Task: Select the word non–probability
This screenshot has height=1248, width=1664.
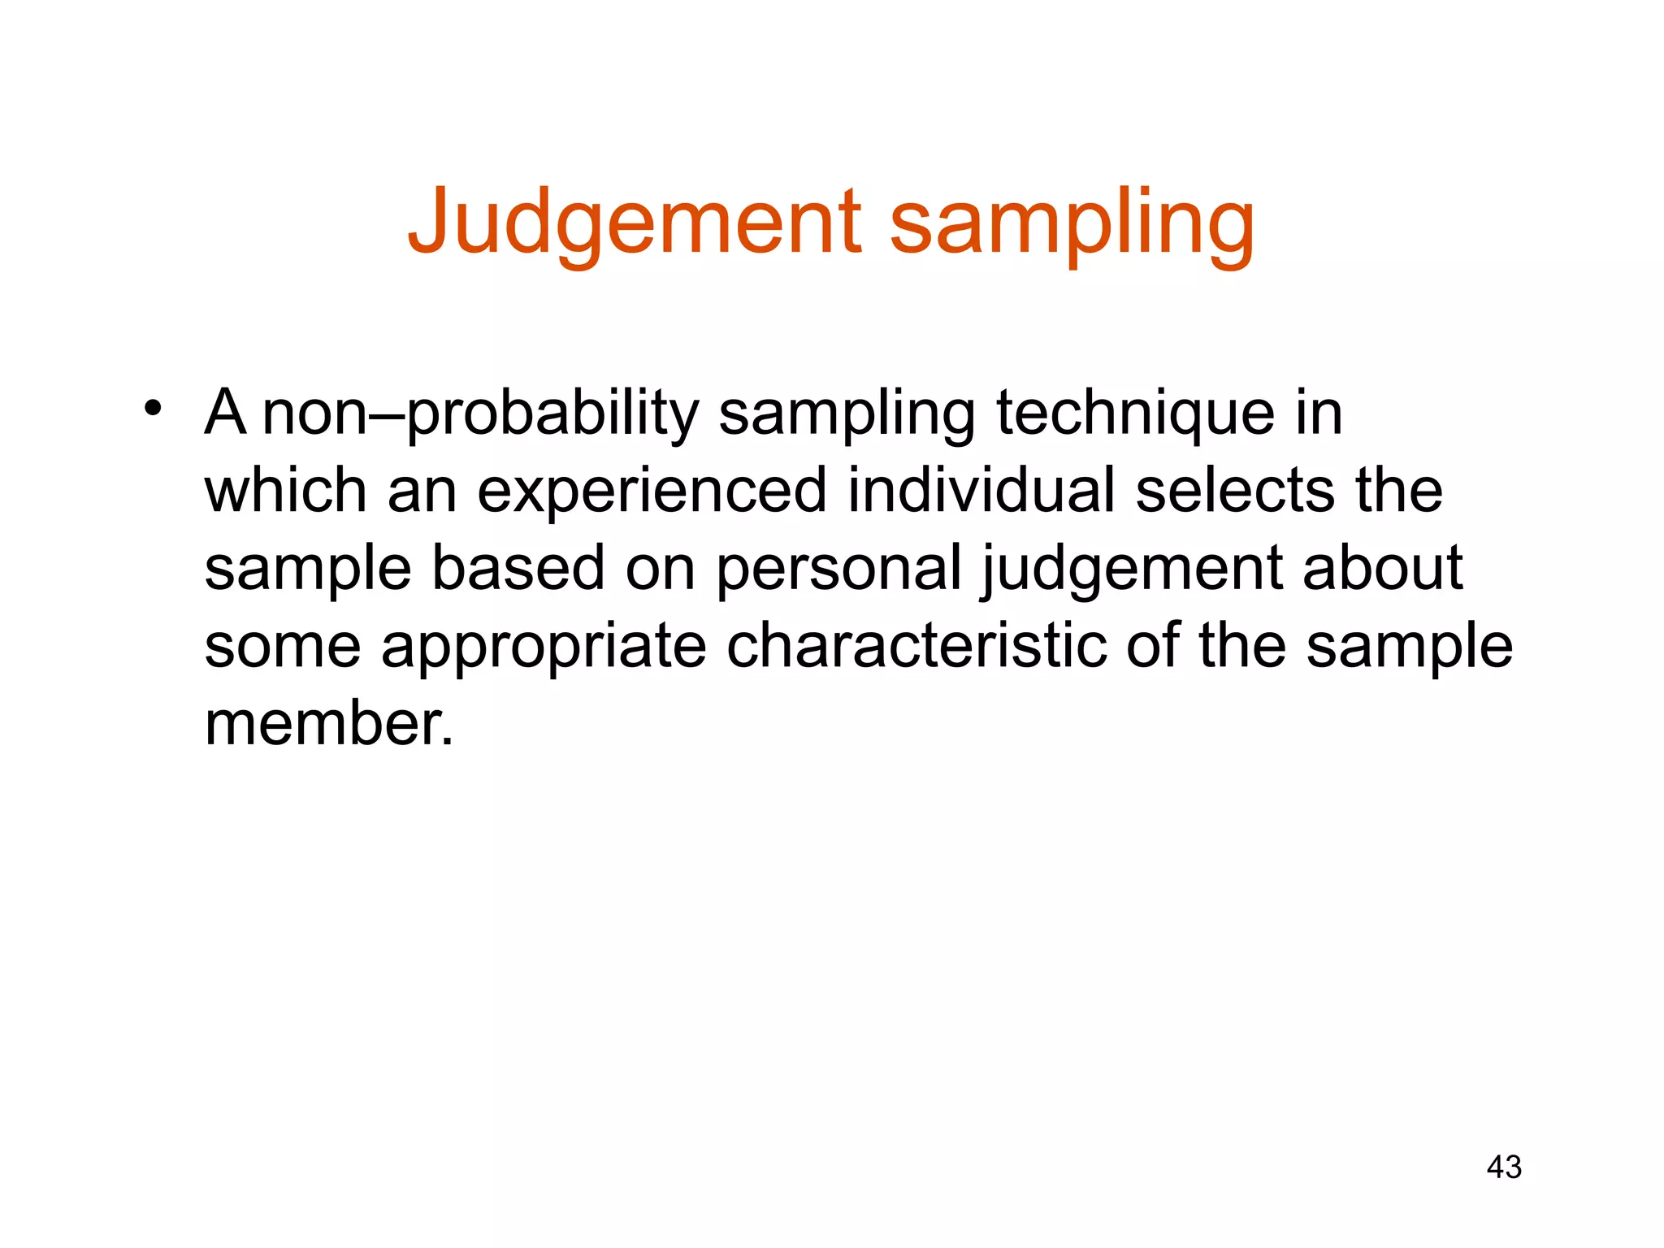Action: pyautogui.click(x=480, y=414)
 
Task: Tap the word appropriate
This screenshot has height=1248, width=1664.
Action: pyautogui.click(x=544, y=648)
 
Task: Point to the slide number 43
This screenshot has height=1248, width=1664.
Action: pyautogui.click(x=1503, y=1167)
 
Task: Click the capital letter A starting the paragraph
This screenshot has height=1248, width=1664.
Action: pyautogui.click(x=225, y=412)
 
